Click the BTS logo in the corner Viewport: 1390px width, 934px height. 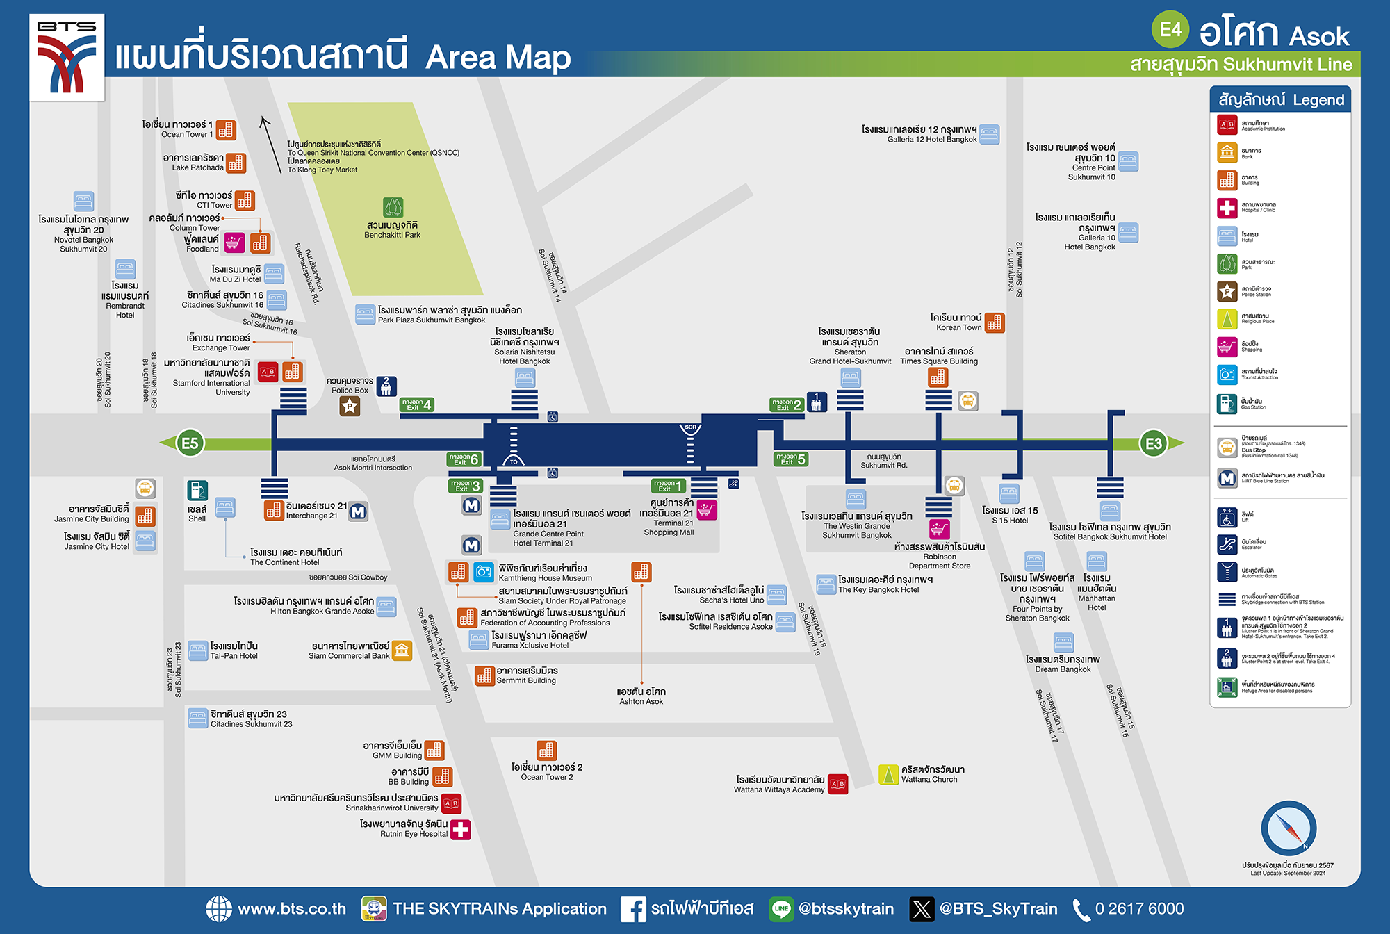pyautogui.click(x=67, y=58)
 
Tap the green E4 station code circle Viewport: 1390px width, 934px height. pyautogui.click(x=1170, y=29)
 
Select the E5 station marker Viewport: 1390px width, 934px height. pyautogui.click(x=190, y=443)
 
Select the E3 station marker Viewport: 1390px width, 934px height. pyautogui.click(x=1153, y=443)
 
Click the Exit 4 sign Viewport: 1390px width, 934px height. pyautogui.click(x=417, y=404)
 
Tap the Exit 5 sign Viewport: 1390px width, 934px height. pyautogui.click(x=791, y=459)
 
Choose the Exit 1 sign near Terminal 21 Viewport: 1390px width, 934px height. pyautogui.click(x=668, y=486)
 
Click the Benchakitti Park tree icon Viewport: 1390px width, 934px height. pyautogui.click(x=393, y=207)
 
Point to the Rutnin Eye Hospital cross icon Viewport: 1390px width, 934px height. pyautogui.click(x=461, y=829)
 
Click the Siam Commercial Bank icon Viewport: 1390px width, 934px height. pyautogui.click(x=402, y=650)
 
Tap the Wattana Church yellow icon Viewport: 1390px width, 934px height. pyautogui.click(x=888, y=774)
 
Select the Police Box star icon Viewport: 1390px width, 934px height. pyautogui.click(x=350, y=407)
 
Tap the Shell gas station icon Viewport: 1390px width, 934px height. pyautogui.click(x=197, y=491)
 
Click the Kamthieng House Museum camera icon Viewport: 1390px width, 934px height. pyautogui.click(x=484, y=572)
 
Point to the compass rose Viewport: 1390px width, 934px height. pyautogui.click(x=1288, y=828)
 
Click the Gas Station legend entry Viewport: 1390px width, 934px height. pyautogui.click(x=1253, y=404)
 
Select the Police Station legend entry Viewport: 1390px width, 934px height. pyautogui.click(x=1255, y=291)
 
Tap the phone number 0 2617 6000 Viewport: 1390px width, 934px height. pyautogui.click(x=1138, y=909)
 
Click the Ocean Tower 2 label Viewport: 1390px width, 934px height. pyautogui.click(x=547, y=771)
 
